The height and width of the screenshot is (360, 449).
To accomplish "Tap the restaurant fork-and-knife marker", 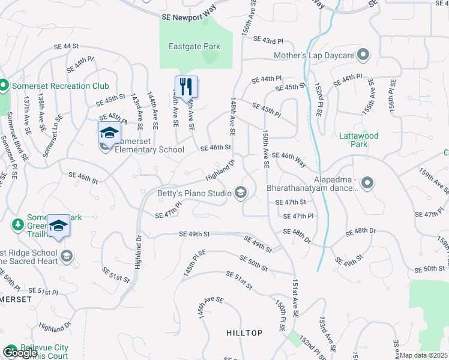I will coord(186,86).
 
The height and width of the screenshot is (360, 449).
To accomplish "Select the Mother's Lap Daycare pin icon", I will coord(363,55).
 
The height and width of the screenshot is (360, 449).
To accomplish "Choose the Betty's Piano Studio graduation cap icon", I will coord(241,192).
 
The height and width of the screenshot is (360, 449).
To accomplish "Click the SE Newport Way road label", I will coord(186,17).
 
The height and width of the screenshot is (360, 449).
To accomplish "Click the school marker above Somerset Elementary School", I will coord(109,132).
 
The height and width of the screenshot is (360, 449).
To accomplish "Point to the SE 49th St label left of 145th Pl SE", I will coord(194,234).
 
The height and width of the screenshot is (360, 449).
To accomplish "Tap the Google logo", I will coord(20,353).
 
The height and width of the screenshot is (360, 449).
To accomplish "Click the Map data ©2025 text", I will coord(423,355).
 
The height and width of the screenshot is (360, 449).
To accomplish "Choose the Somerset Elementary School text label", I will coord(149,149).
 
